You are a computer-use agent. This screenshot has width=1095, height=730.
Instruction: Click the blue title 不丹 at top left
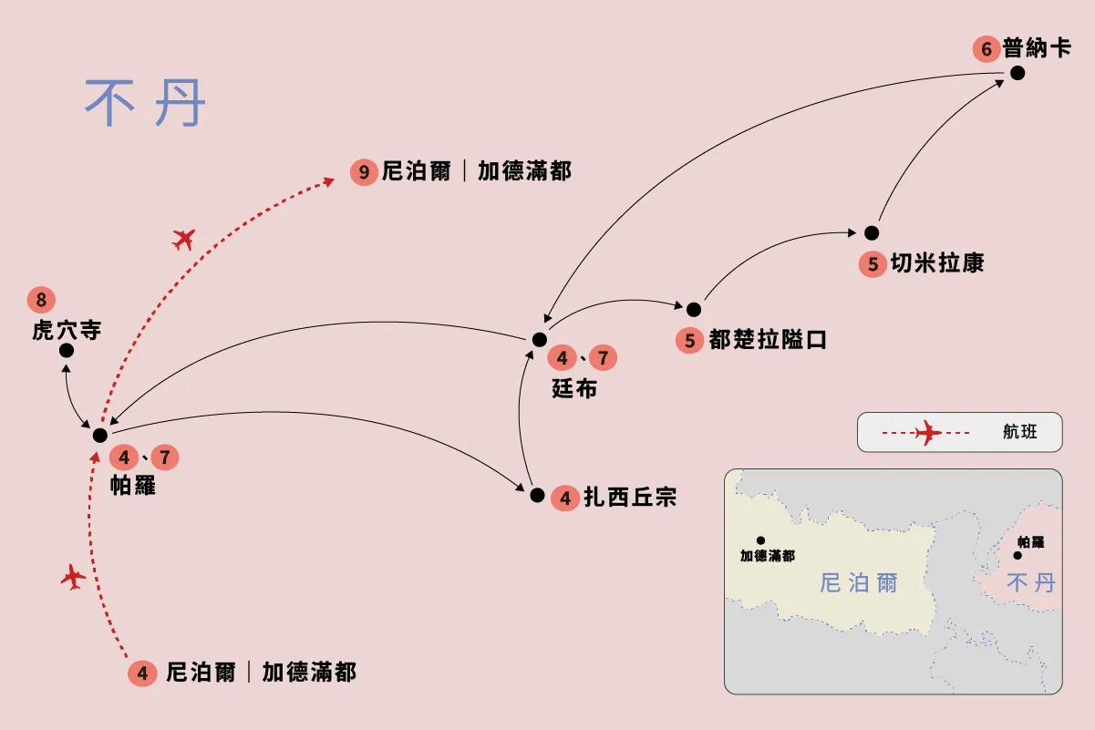(145, 103)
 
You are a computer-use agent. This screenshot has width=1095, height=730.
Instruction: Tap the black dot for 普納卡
(1018, 73)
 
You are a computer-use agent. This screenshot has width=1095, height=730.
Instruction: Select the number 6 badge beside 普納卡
(987, 49)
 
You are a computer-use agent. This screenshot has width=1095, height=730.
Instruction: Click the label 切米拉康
(937, 262)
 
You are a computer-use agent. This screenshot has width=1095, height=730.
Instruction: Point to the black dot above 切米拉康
(872, 233)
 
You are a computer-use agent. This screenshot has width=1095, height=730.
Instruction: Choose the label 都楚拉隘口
(768, 340)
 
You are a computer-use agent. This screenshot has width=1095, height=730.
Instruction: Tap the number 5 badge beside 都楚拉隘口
(690, 340)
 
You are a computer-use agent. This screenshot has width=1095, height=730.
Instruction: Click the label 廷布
(574, 389)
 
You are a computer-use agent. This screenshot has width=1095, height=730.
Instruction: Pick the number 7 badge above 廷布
(604, 357)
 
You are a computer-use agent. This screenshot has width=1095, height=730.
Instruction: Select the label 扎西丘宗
(630, 497)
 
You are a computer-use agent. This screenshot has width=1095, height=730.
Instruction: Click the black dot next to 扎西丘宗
(537, 496)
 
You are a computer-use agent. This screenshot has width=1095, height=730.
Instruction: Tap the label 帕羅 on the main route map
(133, 485)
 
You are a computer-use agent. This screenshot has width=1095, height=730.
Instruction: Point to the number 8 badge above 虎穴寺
(41, 300)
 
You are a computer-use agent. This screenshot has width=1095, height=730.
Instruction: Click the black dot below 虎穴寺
(67, 350)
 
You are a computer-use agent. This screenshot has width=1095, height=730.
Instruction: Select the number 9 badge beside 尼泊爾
(364, 172)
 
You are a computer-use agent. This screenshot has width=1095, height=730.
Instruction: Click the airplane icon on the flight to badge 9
(184, 240)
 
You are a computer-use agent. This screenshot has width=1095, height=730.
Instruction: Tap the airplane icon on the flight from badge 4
(73, 577)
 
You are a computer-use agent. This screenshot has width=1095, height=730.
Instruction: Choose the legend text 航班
(1019, 431)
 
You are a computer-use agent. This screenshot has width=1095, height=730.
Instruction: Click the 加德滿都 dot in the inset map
(760, 540)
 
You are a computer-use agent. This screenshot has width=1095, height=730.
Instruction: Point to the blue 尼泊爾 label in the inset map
(859, 583)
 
